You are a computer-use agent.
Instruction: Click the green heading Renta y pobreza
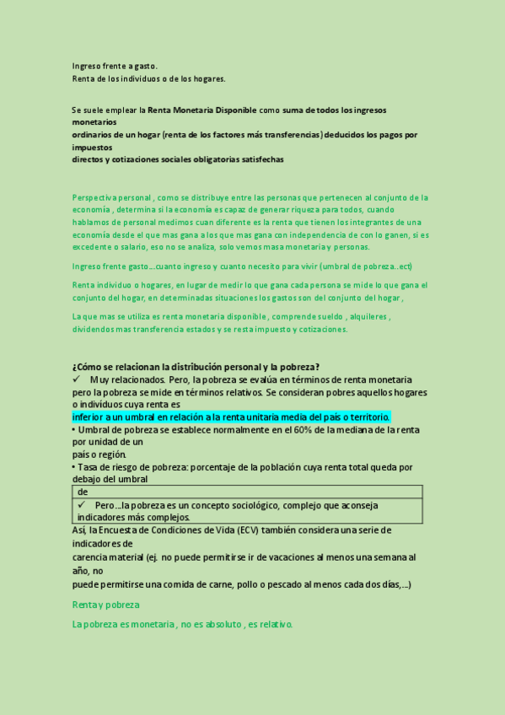coord(106,605)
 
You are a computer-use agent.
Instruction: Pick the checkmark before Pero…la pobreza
coord(82,505)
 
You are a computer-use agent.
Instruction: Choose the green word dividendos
coord(97,329)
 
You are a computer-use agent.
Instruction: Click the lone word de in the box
coord(83,492)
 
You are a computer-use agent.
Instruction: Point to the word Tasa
coord(88,467)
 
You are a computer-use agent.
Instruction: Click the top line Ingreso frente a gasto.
coord(115,66)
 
